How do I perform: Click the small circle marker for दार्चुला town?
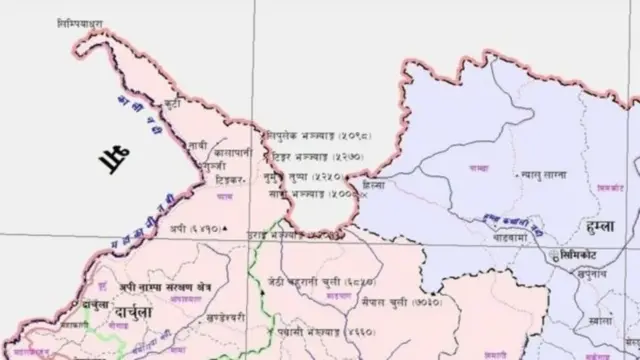pyautogui.click(x=77, y=301)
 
